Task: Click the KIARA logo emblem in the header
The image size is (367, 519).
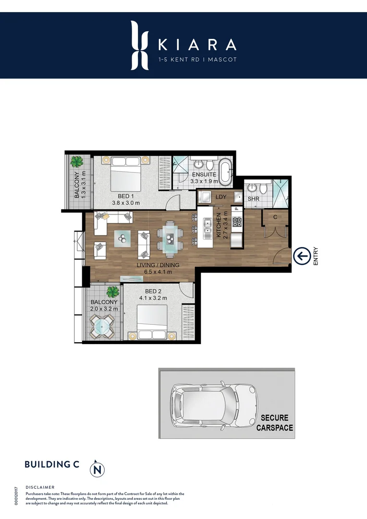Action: [x=139, y=45]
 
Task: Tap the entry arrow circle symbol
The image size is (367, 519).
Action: [x=302, y=256]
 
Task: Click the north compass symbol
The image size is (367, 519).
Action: [x=98, y=468]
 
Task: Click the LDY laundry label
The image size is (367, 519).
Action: [x=221, y=197]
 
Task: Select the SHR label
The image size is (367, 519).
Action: [x=254, y=198]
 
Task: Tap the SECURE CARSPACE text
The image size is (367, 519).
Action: [x=275, y=422]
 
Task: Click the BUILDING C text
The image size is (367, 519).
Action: [x=51, y=464]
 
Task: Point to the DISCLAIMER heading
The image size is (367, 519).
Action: [x=40, y=487]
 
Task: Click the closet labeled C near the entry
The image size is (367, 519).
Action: [x=275, y=217]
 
